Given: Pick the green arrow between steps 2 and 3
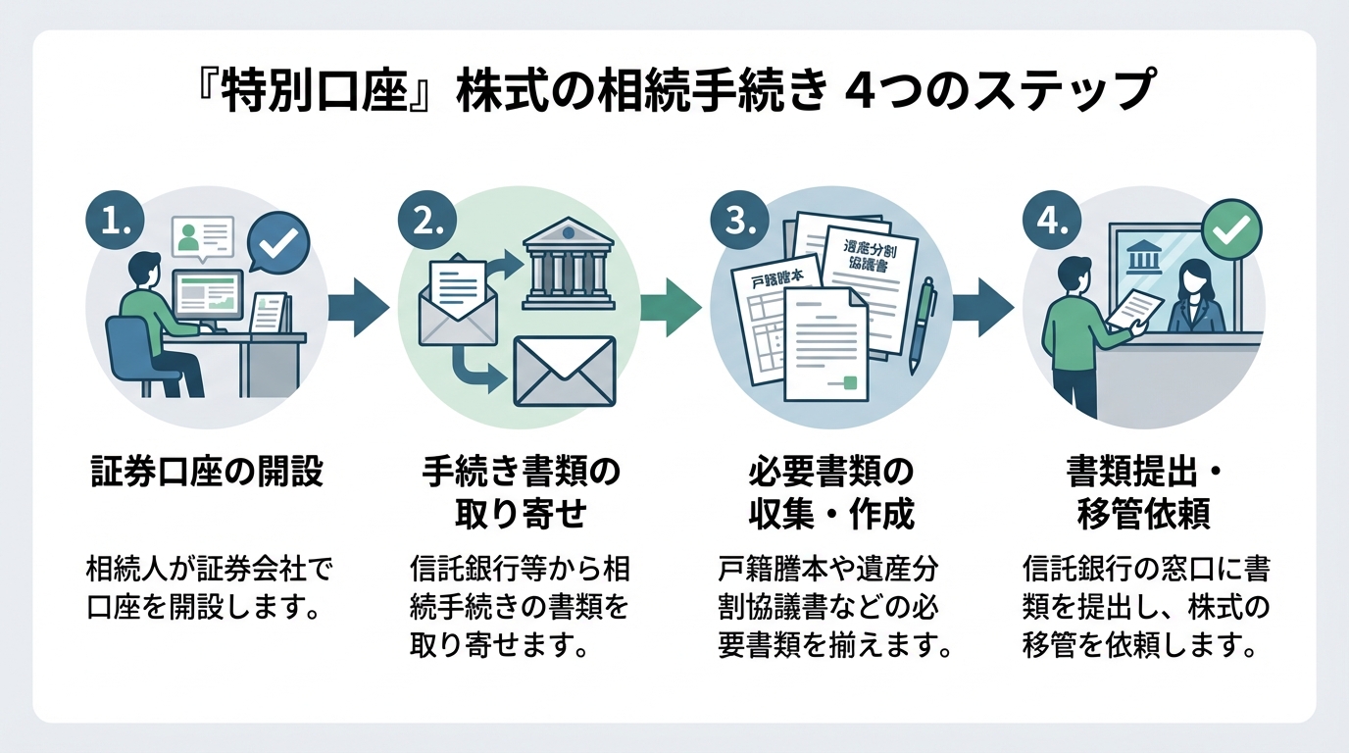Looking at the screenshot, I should click(671, 308).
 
